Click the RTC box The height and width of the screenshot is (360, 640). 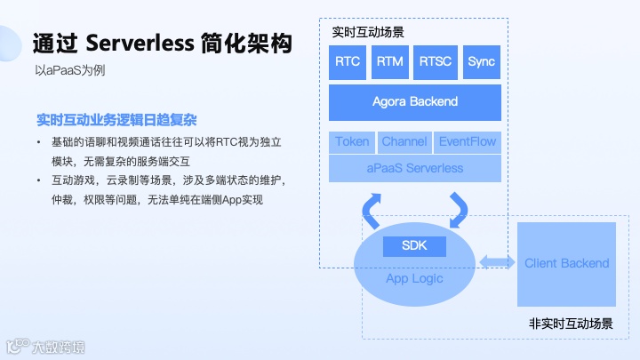point(348,62)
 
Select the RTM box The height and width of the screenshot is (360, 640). point(390,62)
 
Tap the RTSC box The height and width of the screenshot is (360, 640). point(436,62)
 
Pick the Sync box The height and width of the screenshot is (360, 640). point(481,62)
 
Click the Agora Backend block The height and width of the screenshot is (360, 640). point(414,101)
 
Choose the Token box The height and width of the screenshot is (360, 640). point(352,142)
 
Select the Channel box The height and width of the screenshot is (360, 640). point(404,142)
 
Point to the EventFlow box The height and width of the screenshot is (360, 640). point(468,142)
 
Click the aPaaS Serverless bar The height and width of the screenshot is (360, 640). point(414,167)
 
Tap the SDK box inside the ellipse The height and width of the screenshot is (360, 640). point(415,245)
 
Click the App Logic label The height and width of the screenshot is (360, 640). point(414,278)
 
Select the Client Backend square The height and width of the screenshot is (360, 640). point(567,263)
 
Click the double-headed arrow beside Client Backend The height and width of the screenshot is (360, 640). point(497,261)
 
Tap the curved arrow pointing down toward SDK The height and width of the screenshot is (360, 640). point(460,209)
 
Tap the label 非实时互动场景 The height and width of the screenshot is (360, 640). point(571,324)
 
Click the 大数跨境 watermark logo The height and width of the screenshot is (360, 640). point(45,345)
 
